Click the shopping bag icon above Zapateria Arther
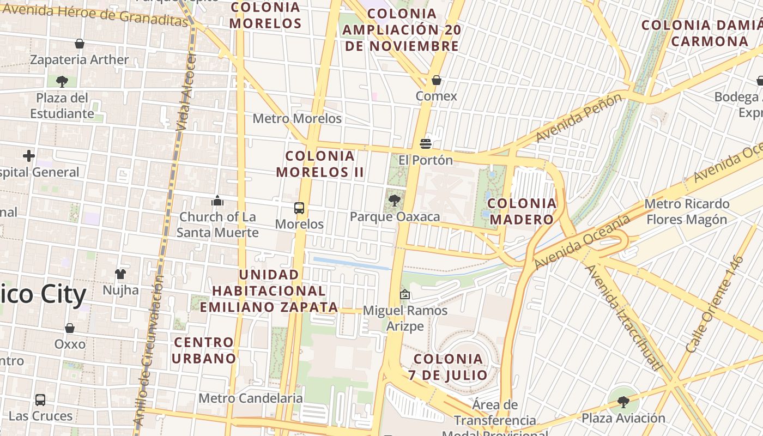point(80,44)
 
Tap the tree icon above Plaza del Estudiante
point(62,82)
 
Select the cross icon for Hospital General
point(29,156)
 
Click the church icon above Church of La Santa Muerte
point(217,201)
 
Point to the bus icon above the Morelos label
point(299,208)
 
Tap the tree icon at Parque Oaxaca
point(394,201)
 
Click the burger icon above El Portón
point(426,144)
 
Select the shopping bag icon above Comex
point(437,80)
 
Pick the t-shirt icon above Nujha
point(120,274)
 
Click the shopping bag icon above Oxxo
point(70,328)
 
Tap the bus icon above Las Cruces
point(40,400)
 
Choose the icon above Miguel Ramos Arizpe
point(405,294)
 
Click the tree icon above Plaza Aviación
point(623,402)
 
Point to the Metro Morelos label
point(297,118)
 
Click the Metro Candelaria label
point(250,398)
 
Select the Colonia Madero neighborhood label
point(522,211)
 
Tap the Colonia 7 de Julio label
point(448,367)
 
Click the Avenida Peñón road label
point(579,118)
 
